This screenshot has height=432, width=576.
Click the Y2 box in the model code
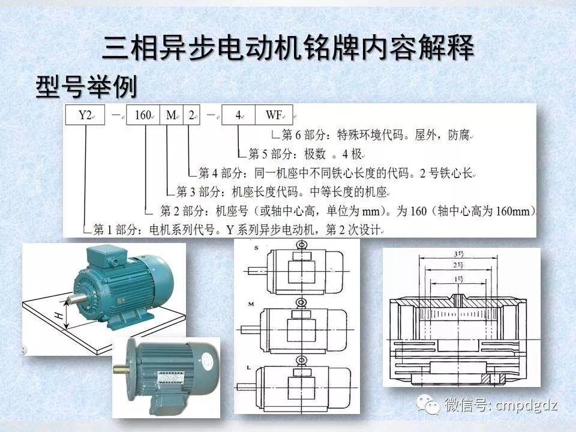click(x=86, y=115)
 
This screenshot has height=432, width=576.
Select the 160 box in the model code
click(x=142, y=115)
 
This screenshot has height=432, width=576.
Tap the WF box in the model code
click(x=274, y=115)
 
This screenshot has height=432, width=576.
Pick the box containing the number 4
click(x=238, y=115)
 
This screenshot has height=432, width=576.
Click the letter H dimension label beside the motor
click(x=59, y=315)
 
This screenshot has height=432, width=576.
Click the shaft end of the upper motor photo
click(x=76, y=297)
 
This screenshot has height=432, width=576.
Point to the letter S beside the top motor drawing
click(x=241, y=247)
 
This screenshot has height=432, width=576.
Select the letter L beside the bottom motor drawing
click(x=241, y=367)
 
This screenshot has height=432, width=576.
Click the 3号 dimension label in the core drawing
click(x=460, y=254)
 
